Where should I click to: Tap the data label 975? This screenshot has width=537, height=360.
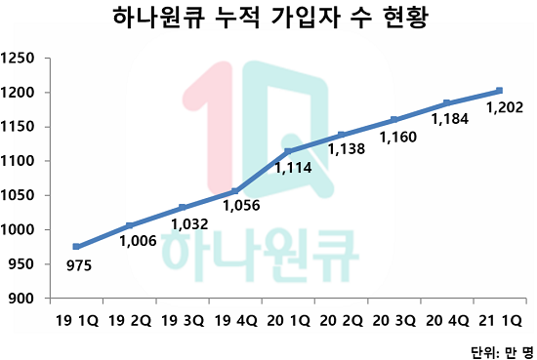pos(78,263)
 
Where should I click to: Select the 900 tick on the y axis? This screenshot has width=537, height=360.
pos(23,299)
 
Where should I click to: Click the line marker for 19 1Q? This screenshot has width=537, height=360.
pos(77,247)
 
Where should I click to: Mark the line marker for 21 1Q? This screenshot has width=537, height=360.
pos(499,91)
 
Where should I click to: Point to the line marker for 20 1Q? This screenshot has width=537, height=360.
pos(288,151)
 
